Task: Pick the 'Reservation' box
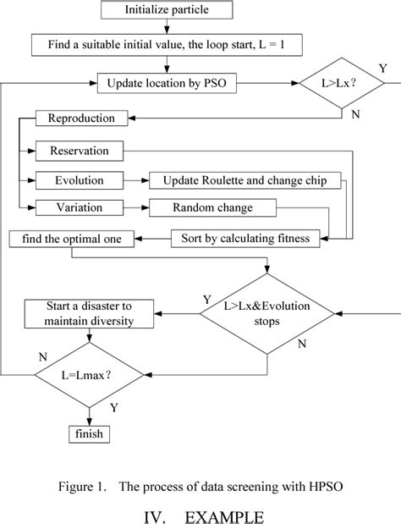click(x=79, y=152)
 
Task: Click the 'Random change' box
click(x=200, y=207)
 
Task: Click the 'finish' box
click(x=89, y=434)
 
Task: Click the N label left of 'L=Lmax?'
click(x=41, y=357)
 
